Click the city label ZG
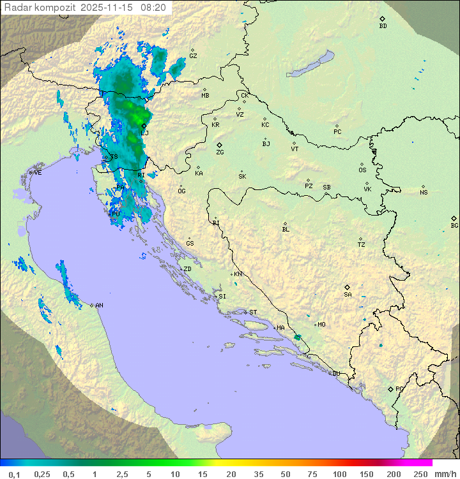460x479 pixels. (x=220, y=152)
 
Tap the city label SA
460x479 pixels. (x=348, y=294)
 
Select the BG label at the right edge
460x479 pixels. (x=454, y=225)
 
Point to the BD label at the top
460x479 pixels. (x=383, y=26)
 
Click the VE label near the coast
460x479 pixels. (x=38, y=173)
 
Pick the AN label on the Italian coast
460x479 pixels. (x=99, y=306)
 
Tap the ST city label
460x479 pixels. (x=253, y=313)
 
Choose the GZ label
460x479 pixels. (x=193, y=56)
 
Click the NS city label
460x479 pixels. (x=424, y=193)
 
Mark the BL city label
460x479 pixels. (x=286, y=230)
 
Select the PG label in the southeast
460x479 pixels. (x=399, y=388)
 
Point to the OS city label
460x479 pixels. (x=362, y=170)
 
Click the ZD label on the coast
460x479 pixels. (x=187, y=269)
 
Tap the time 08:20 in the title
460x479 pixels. (x=154, y=8)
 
